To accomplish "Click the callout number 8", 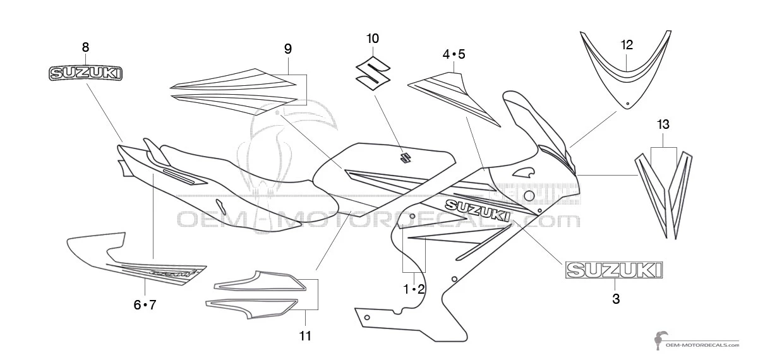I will [85, 47].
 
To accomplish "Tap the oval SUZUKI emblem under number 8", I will [86, 73].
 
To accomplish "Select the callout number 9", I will [287, 49].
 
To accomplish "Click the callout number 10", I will [373, 39].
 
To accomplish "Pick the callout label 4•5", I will [454, 54].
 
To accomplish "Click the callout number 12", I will [626, 45].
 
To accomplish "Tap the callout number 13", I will [663, 124].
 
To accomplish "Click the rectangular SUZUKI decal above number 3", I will [615, 270].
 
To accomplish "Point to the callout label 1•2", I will [414, 289].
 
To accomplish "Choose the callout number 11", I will [305, 336].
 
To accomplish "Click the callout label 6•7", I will [145, 305].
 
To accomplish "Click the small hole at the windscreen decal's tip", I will [627, 103].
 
